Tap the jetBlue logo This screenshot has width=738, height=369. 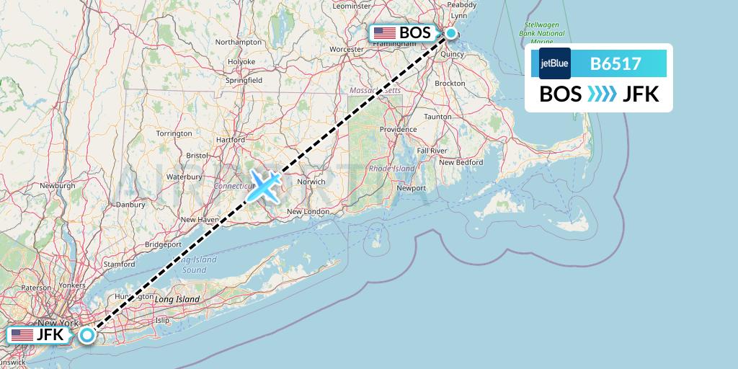pos(554,63)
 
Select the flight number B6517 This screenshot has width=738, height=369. pos(615,63)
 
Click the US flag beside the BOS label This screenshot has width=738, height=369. pos(384,33)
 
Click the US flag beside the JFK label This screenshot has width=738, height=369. pos(22,335)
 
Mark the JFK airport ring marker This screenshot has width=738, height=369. pos(87,334)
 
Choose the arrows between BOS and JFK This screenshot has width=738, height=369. pos(603,94)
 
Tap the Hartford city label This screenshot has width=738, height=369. pos(231,139)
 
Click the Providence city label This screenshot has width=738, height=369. pos(399,130)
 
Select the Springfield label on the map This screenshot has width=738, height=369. pos(244,81)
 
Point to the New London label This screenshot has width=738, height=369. pos(308,211)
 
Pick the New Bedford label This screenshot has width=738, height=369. pos(461,162)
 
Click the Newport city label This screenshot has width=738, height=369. pos(412,188)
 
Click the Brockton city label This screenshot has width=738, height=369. pos(450,84)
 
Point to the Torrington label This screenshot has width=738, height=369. pos(174,133)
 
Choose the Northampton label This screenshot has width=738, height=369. pos(239,43)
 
